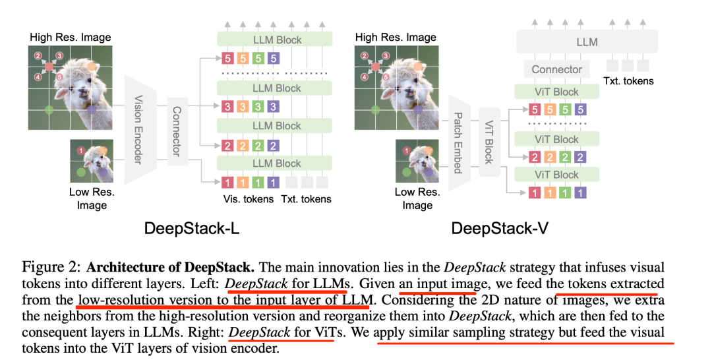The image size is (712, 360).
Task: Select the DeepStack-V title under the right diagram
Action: point(500,229)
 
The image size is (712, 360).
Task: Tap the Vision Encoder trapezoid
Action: point(139,130)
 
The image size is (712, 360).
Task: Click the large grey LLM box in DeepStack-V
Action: point(587,42)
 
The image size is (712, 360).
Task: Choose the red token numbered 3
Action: point(228,106)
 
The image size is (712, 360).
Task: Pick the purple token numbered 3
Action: point(274,106)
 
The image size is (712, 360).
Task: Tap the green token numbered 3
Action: point(258,106)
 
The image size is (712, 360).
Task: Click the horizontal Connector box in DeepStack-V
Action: point(557,69)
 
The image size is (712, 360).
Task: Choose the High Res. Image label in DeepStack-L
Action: point(71,37)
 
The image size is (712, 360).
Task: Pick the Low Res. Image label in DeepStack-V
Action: point(417,198)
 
